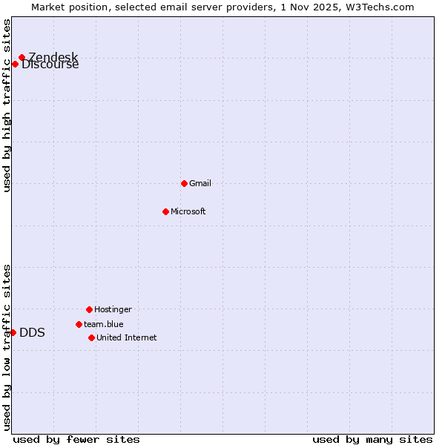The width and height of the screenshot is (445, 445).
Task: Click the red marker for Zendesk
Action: click(22, 57)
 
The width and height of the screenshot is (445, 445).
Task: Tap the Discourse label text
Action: click(50, 65)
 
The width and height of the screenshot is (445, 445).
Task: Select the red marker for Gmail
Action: click(184, 183)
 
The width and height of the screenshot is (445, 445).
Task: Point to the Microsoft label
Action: click(188, 211)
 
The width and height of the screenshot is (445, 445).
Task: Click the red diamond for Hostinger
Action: click(89, 309)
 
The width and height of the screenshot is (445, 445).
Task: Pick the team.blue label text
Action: click(103, 324)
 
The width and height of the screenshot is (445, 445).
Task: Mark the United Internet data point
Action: click(91, 337)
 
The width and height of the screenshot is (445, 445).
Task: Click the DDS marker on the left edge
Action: click(13, 332)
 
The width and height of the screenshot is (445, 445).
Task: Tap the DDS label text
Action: click(32, 332)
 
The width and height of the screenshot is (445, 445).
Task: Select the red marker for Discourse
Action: click(15, 64)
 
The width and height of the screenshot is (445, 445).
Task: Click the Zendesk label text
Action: click(53, 57)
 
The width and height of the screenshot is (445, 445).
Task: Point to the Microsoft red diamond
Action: click(165, 211)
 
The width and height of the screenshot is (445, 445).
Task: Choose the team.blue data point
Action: click(79, 324)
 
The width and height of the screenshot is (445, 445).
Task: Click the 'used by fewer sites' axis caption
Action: click(76, 439)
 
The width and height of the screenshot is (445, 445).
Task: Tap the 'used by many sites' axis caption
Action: click(372, 439)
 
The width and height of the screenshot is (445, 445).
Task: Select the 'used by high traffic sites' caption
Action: click(7, 105)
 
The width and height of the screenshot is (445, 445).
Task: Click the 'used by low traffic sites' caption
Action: click(7, 346)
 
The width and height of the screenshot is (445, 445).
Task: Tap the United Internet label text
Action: click(126, 337)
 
